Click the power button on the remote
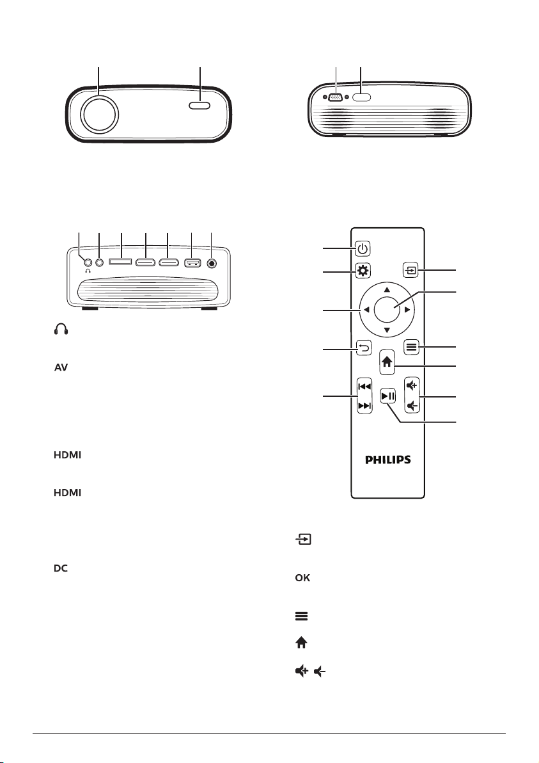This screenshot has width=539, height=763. pyautogui.click(x=363, y=248)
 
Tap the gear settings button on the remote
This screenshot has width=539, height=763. pyautogui.click(x=363, y=271)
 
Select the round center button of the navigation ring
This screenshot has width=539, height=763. pyautogui.click(x=387, y=309)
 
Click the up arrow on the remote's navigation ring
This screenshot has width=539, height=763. pyautogui.click(x=387, y=289)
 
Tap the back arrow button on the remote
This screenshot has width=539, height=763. pyautogui.click(x=364, y=348)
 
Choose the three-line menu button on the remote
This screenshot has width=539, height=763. pyautogui.click(x=411, y=347)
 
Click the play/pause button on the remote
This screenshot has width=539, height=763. pyautogui.click(x=388, y=396)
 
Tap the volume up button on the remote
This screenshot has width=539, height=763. pyautogui.click(x=412, y=387)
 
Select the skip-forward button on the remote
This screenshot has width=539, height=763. pyautogui.click(x=364, y=406)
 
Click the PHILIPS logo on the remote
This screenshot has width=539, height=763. pyautogui.click(x=388, y=460)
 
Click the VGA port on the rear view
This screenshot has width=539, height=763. pyautogui.click(x=335, y=97)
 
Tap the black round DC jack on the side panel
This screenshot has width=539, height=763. pyautogui.click(x=212, y=263)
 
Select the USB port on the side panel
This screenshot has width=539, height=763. pyautogui.click(x=192, y=263)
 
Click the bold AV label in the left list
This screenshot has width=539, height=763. pyautogui.click(x=61, y=368)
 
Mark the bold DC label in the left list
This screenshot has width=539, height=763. pyautogui.click(x=61, y=568)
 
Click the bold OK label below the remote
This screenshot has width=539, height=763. pyautogui.click(x=302, y=578)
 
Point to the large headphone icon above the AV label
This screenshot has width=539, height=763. pyautogui.click(x=61, y=330)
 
